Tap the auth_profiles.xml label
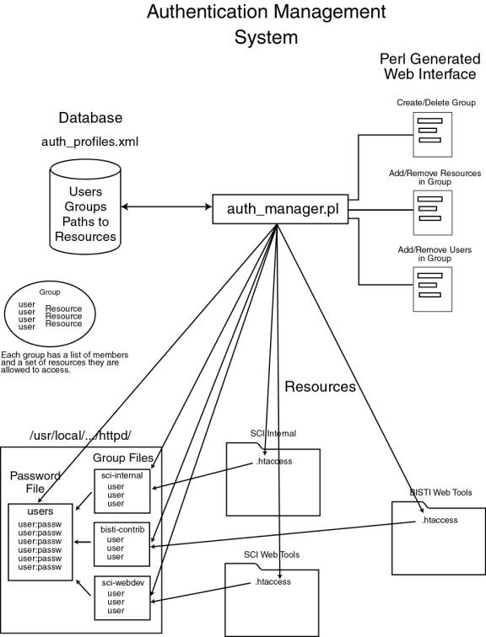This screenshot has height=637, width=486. pyautogui.click(x=90, y=142)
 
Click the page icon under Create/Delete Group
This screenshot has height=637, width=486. pyautogui.click(x=432, y=135)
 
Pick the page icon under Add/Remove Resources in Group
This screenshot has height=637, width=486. pyautogui.click(x=432, y=212)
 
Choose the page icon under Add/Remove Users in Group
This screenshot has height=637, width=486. pyautogui.click(x=432, y=289)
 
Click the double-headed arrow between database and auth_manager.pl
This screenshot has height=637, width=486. pyautogui.click(x=167, y=206)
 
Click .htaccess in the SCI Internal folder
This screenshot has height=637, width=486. pyautogui.click(x=274, y=461)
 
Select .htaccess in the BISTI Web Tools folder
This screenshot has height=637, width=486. pyautogui.click(x=440, y=520)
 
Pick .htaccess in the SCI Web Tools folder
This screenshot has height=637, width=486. pyautogui.click(x=273, y=581)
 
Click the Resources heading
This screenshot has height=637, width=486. pyautogui.click(x=320, y=387)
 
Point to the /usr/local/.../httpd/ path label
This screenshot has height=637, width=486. pyautogui.click(x=80, y=436)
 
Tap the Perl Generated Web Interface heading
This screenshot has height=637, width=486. pyautogui.click(x=429, y=67)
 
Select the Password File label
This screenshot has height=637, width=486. pyautogui.click(x=35, y=482)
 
